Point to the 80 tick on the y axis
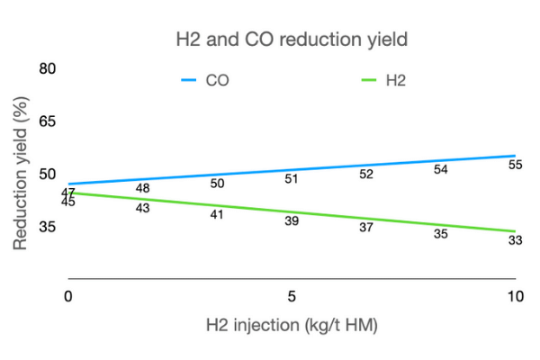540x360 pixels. [x=48, y=69]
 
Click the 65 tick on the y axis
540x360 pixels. [x=48, y=121]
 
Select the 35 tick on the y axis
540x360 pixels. [x=48, y=227]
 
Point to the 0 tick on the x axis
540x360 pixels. [x=68, y=296]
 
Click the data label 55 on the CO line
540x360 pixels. [x=515, y=165]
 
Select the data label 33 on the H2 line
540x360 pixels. [x=515, y=240]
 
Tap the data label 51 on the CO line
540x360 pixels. [x=292, y=178]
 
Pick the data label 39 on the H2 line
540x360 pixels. [x=292, y=220]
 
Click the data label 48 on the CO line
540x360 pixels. [x=142, y=188]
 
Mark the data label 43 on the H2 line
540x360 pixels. [x=142, y=208]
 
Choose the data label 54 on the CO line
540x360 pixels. [x=440, y=169]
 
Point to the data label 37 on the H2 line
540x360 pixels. [x=365, y=228]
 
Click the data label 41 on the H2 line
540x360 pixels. [x=217, y=214]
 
